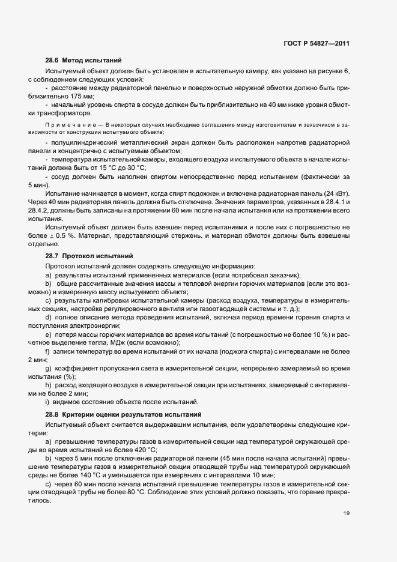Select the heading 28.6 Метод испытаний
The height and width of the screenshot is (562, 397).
tap(83, 61)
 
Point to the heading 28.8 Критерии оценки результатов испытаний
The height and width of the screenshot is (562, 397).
tap(124, 415)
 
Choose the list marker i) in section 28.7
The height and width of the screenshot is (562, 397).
tap(46, 402)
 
